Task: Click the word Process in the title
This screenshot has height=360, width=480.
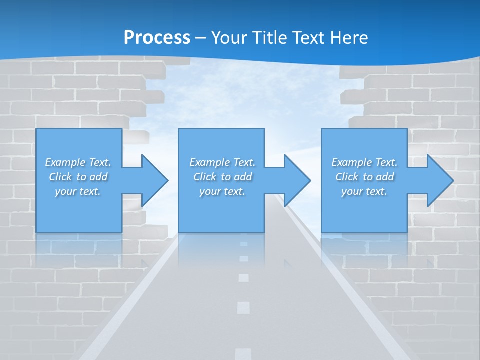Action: point(157,38)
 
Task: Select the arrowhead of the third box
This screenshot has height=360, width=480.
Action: point(439,180)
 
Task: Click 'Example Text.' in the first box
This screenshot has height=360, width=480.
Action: point(78,162)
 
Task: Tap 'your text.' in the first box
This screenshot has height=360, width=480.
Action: point(78,191)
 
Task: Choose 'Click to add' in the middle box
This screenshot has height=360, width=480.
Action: point(223,177)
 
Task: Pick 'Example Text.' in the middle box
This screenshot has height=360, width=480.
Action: point(222,162)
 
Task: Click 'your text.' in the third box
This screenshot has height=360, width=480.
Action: point(364,191)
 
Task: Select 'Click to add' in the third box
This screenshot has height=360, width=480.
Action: point(365,177)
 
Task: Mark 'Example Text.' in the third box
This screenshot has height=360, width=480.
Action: point(364,162)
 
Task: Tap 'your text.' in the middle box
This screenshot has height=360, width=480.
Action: point(222,191)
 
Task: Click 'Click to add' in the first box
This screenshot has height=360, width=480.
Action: point(78,177)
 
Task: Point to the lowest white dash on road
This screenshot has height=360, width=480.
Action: point(243,353)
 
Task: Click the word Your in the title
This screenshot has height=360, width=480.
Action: point(228,38)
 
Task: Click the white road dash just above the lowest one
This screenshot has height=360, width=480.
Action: point(243,307)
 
